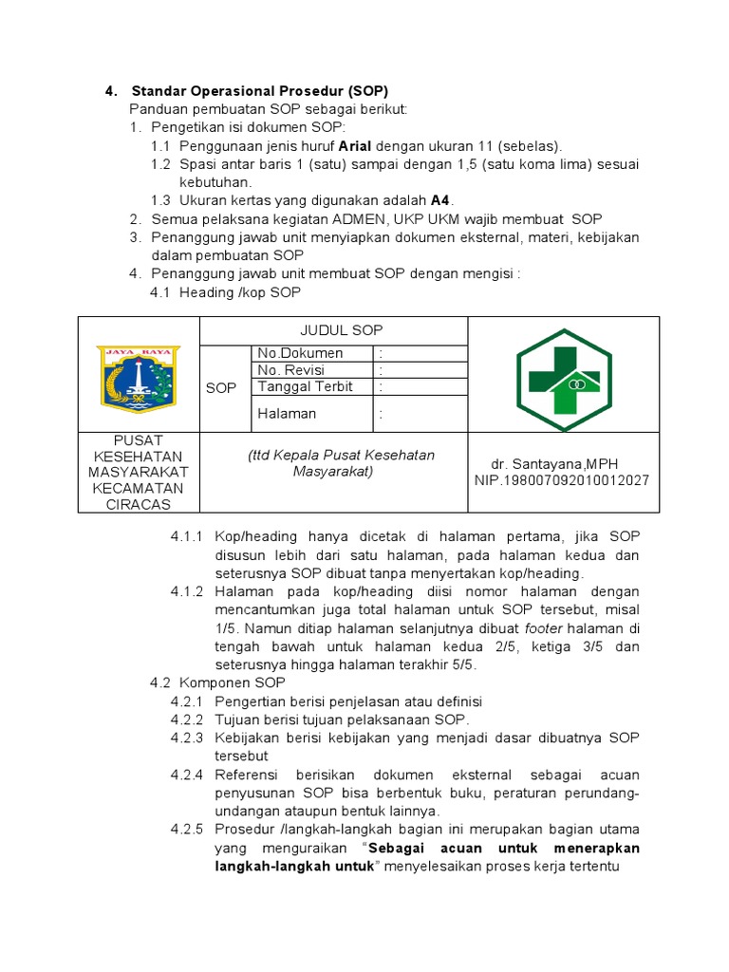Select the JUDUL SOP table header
click(342, 330)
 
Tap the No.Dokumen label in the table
click(300, 353)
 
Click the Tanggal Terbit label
click(305, 386)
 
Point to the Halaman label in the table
click(287, 414)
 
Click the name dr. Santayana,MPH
click(554, 463)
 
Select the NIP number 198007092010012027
click(562, 480)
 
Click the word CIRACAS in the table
click(138, 504)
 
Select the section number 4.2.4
click(187, 774)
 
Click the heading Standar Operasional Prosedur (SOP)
click(259, 92)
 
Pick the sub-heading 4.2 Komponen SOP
click(217, 682)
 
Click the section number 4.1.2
click(187, 591)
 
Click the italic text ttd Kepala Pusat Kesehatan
click(342, 455)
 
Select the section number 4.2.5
click(187, 829)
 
